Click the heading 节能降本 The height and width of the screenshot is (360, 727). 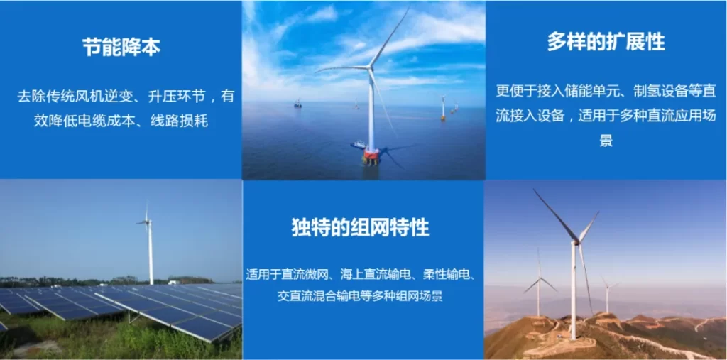[x=121, y=47]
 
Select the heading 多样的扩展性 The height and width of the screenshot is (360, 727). [x=606, y=42]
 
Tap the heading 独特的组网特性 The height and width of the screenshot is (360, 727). [x=360, y=227]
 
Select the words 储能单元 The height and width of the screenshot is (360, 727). [x=583, y=91]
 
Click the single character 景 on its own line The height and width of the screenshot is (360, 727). [x=606, y=140]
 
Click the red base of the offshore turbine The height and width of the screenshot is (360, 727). [x=371, y=156]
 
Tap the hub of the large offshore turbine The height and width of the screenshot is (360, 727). [x=370, y=69]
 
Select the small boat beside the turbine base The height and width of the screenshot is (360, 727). [x=358, y=144]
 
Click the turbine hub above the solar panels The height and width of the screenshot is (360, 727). [x=147, y=222]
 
